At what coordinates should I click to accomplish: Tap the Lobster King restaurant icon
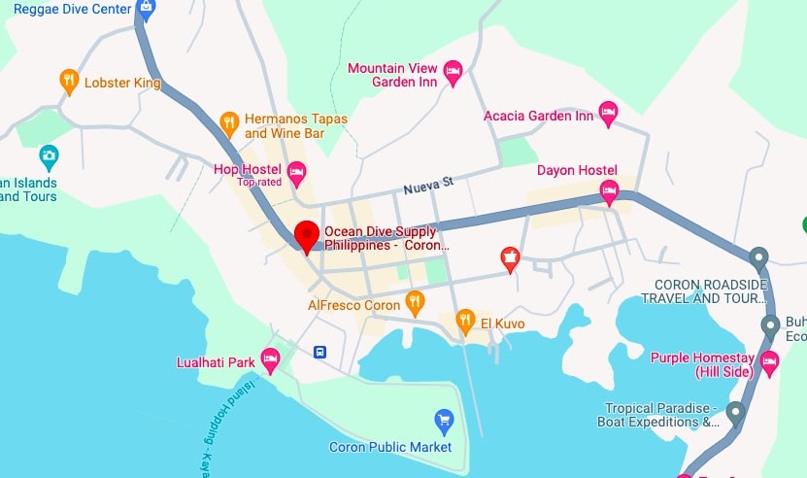(68, 82)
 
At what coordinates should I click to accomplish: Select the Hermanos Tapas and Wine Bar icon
(229, 122)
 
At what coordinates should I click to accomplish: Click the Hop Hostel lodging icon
(297, 174)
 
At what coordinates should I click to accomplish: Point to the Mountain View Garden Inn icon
(453, 71)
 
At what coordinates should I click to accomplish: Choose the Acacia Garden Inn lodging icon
(609, 113)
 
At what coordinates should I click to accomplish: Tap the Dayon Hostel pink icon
(610, 190)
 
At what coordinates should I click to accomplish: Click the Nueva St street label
(429, 184)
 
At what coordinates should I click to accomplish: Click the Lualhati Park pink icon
(271, 360)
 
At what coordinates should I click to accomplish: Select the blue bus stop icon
(319, 351)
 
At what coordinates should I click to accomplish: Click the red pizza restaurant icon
(509, 258)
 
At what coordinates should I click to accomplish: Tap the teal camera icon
(48, 155)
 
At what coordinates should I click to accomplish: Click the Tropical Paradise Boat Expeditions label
(661, 415)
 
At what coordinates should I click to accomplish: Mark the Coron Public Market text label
(390, 447)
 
